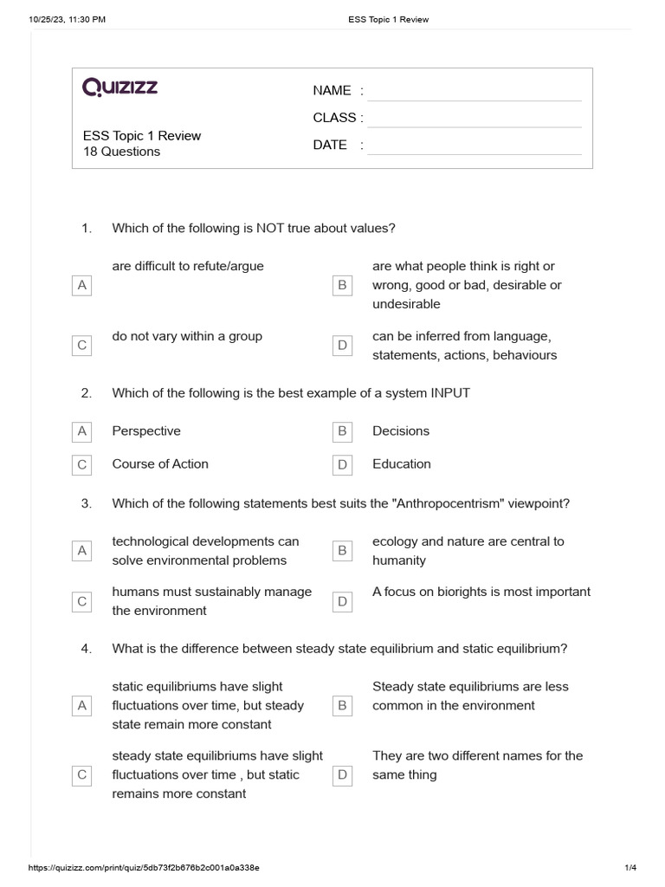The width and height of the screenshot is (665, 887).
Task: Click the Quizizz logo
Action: point(120,87)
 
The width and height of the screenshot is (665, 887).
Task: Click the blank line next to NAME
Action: point(474,92)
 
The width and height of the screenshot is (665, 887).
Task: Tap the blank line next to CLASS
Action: point(474,119)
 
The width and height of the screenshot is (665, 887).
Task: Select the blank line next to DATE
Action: point(474,146)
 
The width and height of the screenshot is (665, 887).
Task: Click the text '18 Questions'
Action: point(121,152)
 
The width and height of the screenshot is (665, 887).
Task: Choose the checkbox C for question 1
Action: point(82,346)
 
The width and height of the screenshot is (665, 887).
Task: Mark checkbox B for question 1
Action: point(342,285)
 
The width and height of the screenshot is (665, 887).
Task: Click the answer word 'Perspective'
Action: point(146,431)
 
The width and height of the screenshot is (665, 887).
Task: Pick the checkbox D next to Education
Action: point(342,465)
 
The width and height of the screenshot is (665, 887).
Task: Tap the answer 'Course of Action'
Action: point(160,463)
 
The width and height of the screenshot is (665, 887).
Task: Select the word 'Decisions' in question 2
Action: point(401,431)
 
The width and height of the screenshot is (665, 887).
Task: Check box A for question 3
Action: point(82,551)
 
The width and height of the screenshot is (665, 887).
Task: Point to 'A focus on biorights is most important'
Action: point(481,592)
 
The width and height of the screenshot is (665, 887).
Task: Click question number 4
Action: point(86,649)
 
